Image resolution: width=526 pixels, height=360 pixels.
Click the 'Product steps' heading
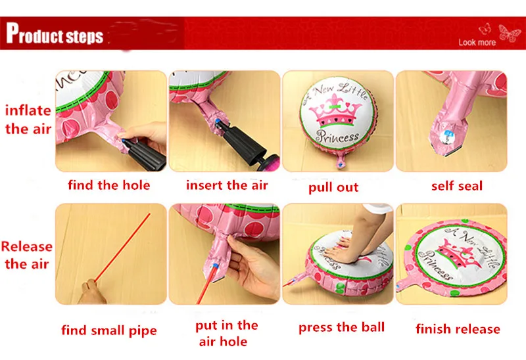(x=55, y=34)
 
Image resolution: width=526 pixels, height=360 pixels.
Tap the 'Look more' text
(x=477, y=43)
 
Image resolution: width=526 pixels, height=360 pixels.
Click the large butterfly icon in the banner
(x=510, y=34)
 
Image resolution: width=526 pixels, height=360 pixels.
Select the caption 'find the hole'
(x=109, y=185)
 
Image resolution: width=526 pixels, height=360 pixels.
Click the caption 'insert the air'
(x=227, y=185)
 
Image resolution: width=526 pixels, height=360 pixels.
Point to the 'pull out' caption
(x=333, y=187)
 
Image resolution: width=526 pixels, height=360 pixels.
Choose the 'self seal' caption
(x=457, y=186)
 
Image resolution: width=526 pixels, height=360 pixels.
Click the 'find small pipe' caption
(x=109, y=330)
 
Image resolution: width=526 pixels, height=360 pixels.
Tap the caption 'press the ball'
(x=341, y=328)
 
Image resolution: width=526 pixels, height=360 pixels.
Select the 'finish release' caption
(x=458, y=329)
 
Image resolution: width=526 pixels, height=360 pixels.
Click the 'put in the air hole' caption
(x=226, y=333)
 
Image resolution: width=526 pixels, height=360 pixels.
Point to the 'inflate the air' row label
(x=28, y=120)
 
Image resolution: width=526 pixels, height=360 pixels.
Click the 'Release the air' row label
(x=26, y=255)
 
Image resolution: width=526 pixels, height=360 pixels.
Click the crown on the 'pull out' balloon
(x=336, y=111)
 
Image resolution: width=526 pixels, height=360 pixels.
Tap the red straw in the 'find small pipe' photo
(x=122, y=248)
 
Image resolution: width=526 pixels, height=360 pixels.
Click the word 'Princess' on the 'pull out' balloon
(x=337, y=137)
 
